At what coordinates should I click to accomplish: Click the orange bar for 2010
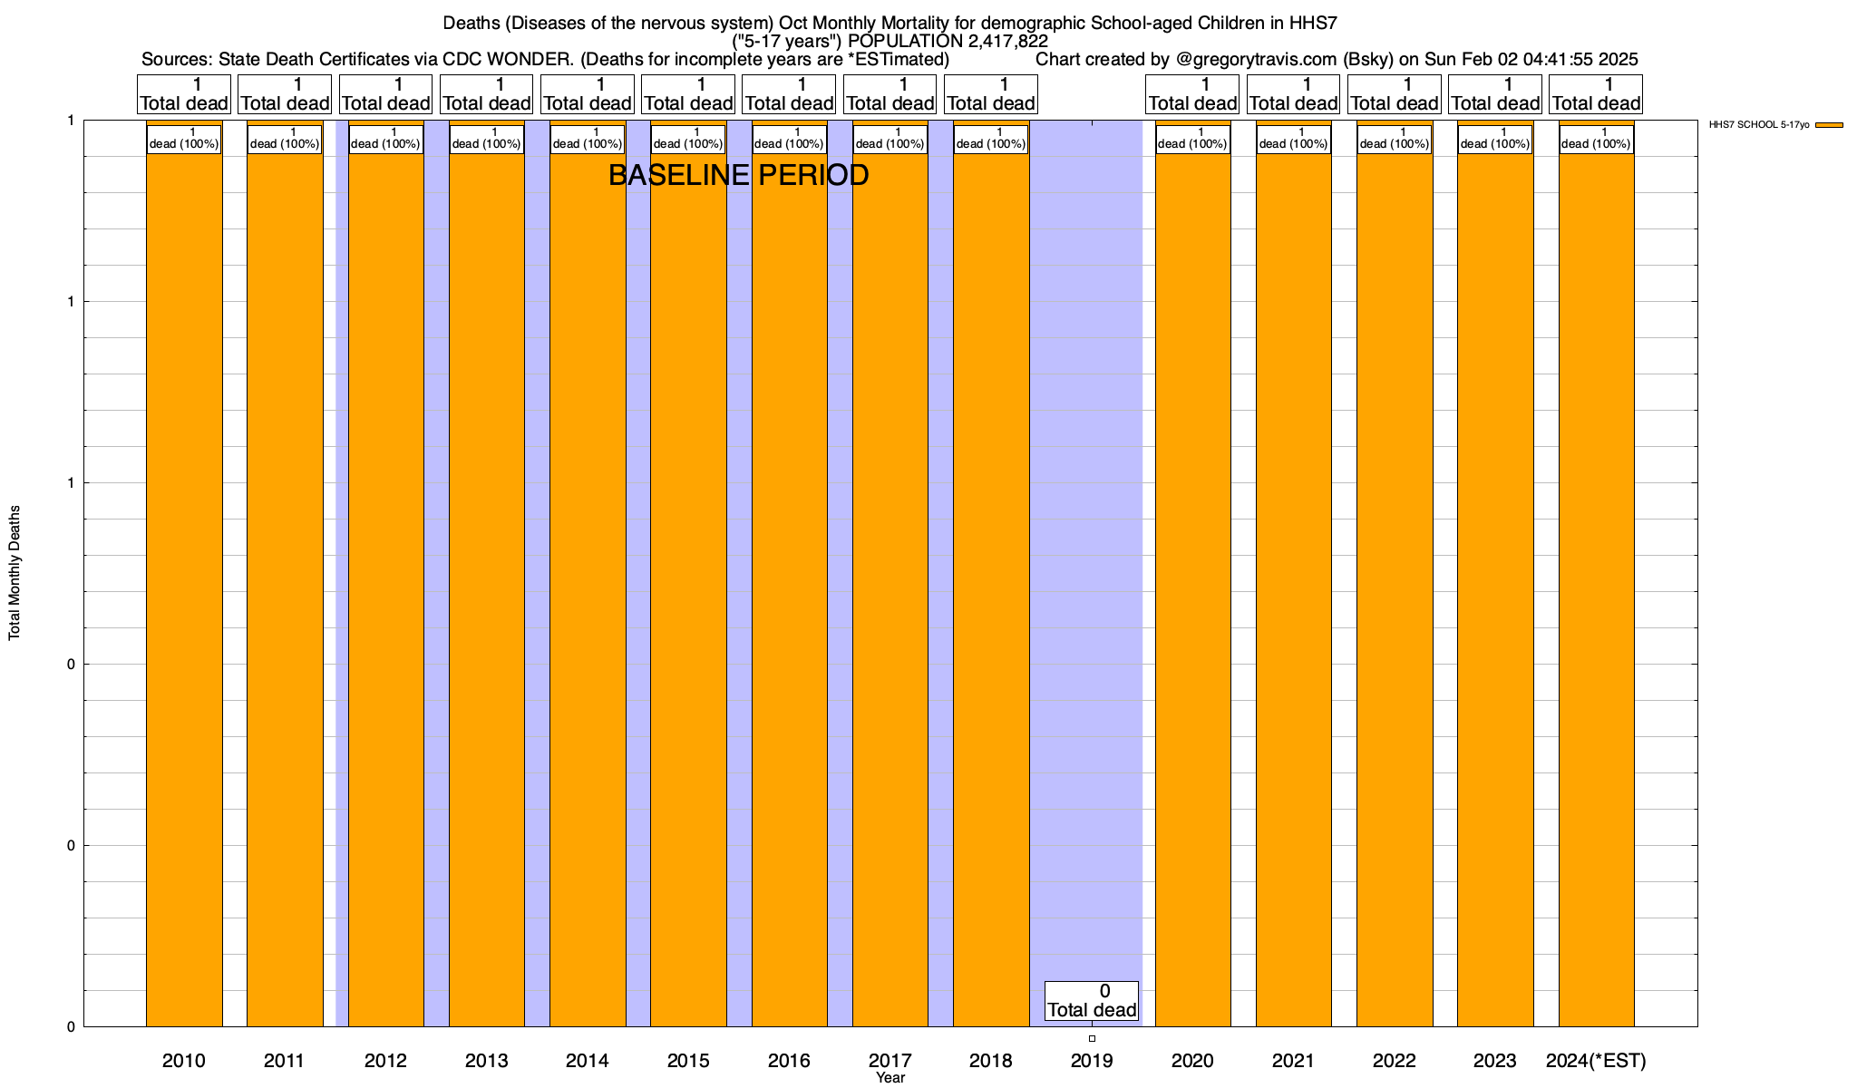(x=184, y=580)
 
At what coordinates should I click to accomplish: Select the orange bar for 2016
(x=789, y=580)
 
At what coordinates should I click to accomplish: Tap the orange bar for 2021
(x=1293, y=580)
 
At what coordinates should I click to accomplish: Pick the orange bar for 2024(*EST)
(x=1596, y=580)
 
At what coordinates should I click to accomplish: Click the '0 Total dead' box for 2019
(x=1092, y=1001)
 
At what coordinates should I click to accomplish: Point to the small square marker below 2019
(x=1092, y=1039)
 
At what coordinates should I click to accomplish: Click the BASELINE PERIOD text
(x=738, y=175)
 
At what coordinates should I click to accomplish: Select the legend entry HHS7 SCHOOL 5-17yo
(x=1775, y=125)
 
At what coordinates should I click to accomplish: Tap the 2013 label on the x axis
(x=486, y=1061)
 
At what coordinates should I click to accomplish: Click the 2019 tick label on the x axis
(x=1092, y=1061)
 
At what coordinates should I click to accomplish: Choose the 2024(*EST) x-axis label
(x=1596, y=1061)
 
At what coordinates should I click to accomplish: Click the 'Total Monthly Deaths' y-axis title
(x=15, y=573)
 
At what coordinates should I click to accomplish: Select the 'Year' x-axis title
(x=890, y=1078)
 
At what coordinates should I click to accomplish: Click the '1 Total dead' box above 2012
(x=385, y=94)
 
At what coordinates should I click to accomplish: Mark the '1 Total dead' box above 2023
(x=1495, y=94)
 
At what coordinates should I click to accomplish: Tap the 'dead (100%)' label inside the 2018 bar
(x=991, y=139)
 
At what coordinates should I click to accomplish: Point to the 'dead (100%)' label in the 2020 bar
(x=1192, y=139)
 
